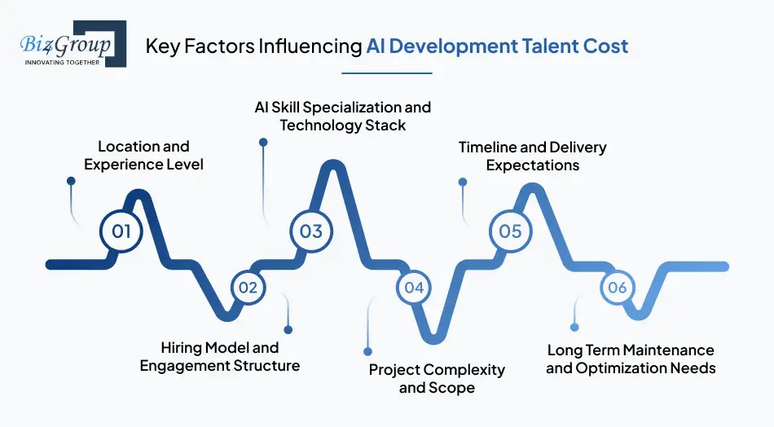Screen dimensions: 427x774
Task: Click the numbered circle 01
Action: (121, 231)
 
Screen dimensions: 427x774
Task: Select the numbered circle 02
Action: (248, 287)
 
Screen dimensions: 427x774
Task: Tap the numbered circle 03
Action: (311, 231)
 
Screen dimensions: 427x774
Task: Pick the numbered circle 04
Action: (414, 287)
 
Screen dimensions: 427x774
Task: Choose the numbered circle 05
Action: (510, 231)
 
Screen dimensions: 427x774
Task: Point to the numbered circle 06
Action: (617, 287)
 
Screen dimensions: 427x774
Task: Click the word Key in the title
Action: (161, 46)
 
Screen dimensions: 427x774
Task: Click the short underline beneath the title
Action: (386, 73)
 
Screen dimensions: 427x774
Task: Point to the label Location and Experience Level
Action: (143, 155)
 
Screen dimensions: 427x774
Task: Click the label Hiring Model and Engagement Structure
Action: (220, 357)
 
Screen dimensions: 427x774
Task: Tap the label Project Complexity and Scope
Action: (437, 378)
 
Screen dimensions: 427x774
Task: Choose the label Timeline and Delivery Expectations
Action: (532, 156)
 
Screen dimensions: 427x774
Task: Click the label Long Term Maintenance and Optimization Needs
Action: (631, 359)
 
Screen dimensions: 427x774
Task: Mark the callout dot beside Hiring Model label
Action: (288, 329)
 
